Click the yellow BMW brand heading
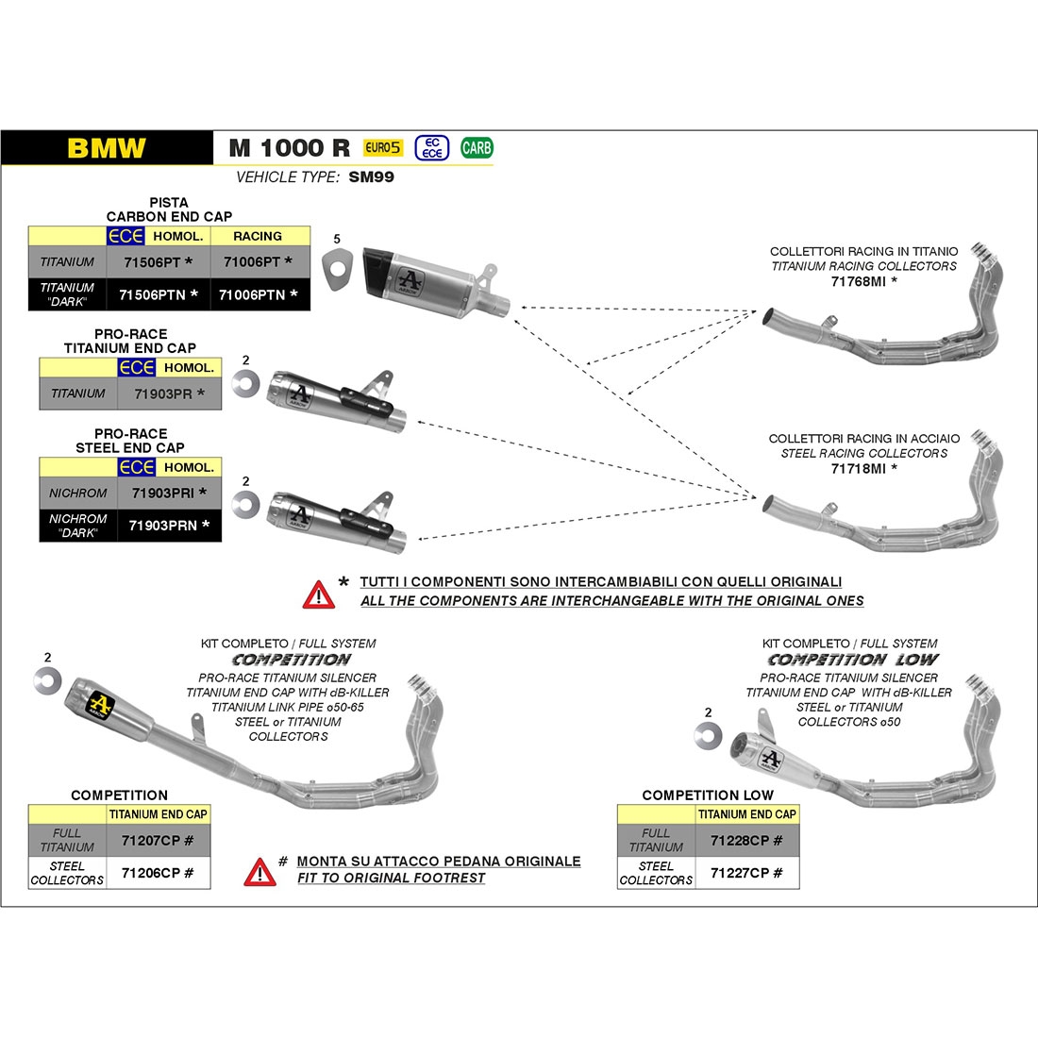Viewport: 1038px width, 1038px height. [107, 148]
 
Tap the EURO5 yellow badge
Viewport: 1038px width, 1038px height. [383, 147]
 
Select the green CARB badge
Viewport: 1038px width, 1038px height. [477, 147]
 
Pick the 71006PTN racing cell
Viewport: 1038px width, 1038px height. [259, 294]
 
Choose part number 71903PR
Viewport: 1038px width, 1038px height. [169, 393]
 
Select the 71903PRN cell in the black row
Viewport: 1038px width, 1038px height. [169, 526]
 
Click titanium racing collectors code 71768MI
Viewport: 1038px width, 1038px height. [862, 281]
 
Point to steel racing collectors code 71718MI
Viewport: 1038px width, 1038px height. [862, 468]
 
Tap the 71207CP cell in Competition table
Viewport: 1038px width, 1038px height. [157, 840]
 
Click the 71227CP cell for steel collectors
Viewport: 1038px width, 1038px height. [745, 873]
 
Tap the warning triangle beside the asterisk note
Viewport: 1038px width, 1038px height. [318, 594]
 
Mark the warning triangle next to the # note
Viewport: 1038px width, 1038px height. [259, 872]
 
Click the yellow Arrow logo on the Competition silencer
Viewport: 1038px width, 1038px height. [101, 704]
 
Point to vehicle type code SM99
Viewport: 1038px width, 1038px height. [371, 176]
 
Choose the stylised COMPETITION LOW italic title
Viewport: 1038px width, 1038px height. [852, 660]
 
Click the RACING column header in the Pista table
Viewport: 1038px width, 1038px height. [258, 236]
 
